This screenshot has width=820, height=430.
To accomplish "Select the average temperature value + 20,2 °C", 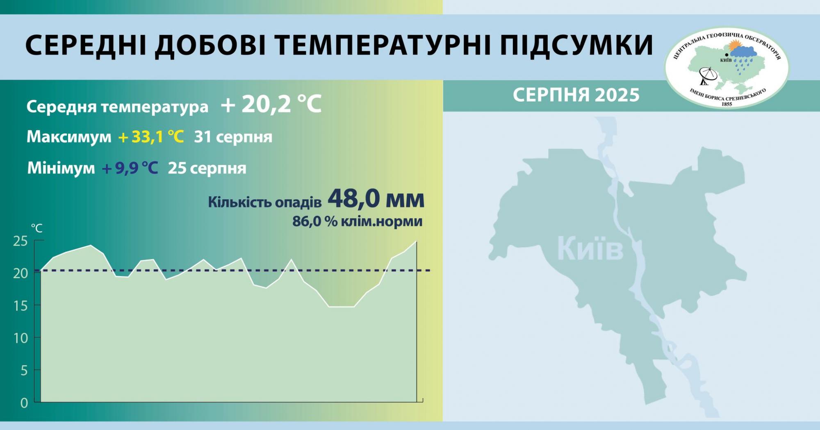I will click(x=271, y=105).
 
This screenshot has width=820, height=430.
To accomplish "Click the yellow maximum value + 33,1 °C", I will click(x=151, y=137).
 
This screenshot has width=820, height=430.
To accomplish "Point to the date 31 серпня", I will click(x=233, y=137).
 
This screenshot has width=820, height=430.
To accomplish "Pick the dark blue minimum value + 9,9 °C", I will click(x=130, y=168).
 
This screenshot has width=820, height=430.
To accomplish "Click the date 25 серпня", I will click(x=207, y=168).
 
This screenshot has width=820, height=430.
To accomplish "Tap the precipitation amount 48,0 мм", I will click(x=376, y=199).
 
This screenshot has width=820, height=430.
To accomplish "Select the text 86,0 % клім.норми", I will click(x=357, y=221).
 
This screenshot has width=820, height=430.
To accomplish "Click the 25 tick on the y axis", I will click(x=20, y=241).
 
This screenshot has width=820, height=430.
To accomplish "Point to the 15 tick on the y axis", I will click(x=20, y=306).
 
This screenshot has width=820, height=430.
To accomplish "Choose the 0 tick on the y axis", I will click(x=24, y=403).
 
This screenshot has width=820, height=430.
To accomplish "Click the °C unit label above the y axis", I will click(x=36, y=228).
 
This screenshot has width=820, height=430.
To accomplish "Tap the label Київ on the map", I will click(x=590, y=248).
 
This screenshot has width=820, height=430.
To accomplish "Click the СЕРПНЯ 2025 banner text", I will click(x=576, y=95).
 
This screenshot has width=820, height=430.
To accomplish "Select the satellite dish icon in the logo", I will click(x=708, y=75).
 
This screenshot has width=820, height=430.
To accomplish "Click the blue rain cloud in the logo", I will click(x=743, y=52).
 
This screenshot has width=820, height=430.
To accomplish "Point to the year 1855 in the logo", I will click(x=727, y=104).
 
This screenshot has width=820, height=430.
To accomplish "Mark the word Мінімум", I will click(x=61, y=168).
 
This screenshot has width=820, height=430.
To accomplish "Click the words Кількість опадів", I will click(x=264, y=202).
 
